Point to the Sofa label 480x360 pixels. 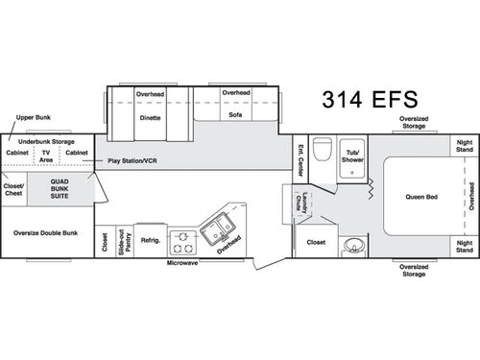[235, 114]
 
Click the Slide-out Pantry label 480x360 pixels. [126, 240]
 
